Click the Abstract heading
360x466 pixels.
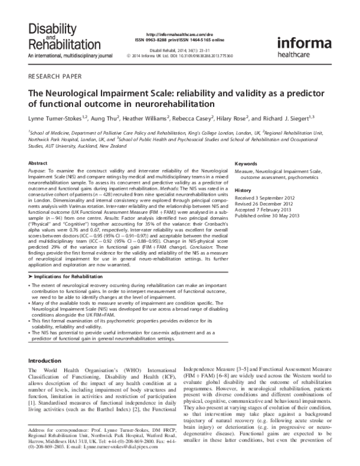[x=38, y=163]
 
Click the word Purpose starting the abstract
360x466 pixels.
[x=40, y=172]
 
